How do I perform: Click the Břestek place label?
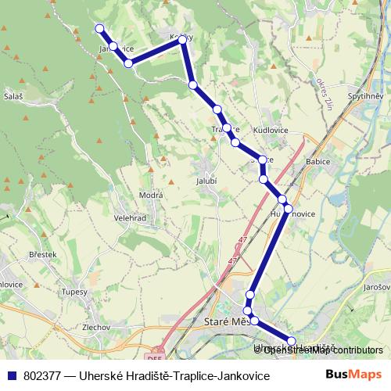click(x=42, y=254)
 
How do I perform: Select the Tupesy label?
click(x=76, y=291)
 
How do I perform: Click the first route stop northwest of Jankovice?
click(x=99, y=29)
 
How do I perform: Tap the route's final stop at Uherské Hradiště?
click(x=292, y=340)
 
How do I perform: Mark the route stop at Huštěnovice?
click(x=287, y=209)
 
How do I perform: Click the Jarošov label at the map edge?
click(x=377, y=287)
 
